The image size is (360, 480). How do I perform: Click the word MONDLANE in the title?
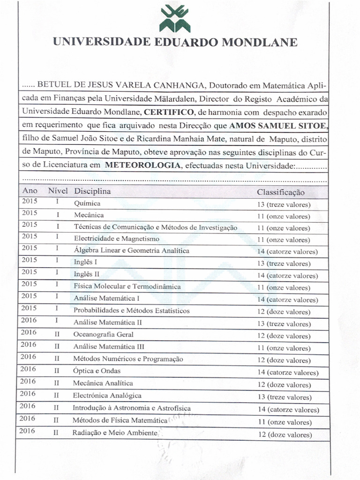tap(259, 42)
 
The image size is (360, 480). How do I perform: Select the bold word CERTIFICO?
tap(168, 112)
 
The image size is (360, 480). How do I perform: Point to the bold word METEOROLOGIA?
tap(142, 165)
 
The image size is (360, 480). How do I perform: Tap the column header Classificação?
tap(280, 192)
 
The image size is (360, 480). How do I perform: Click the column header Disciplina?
tap(92, 191)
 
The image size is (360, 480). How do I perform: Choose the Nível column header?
tap(58, 191)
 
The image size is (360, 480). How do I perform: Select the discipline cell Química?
tap(87, 204)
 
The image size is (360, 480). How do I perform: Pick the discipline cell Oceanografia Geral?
tap(103, 335)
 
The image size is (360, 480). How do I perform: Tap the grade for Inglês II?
tap(287, 276)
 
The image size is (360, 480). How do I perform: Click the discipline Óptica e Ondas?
tap(97, 371)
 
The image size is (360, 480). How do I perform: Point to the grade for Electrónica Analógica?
tap(285, 397)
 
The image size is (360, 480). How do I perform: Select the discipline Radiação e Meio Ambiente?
tap(114, 433)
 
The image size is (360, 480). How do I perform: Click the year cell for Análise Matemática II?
tap(29, 321)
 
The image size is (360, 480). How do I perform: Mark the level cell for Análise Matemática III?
tap(57, 347)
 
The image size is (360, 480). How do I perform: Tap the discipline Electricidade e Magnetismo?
tap(117, 239)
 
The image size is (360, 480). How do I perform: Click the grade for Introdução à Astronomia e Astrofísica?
tap(288, 410)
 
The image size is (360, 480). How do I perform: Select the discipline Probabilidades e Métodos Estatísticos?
tap(132, 310)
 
